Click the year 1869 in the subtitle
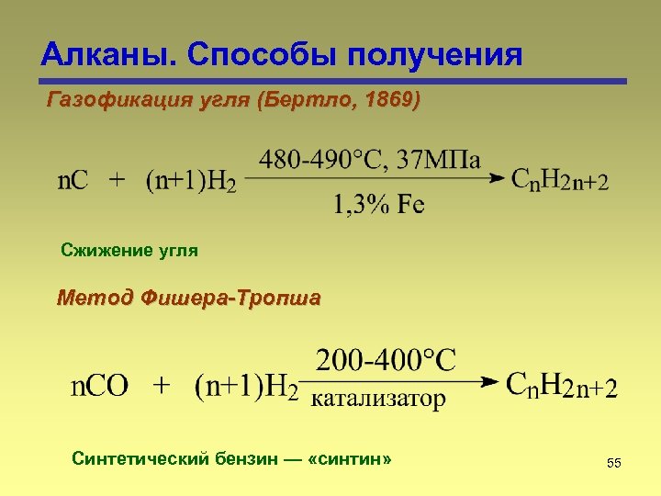(x=387, y=99)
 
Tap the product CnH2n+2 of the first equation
(x=558, y=180)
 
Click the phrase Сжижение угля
(x=129, y=250)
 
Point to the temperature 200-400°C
(x=386, y=359)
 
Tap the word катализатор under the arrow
(x=379, y=399)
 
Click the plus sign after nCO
(x=162, y=385)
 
